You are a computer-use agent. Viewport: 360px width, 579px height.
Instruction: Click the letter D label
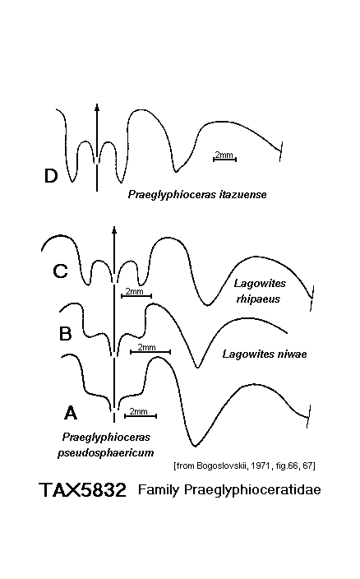click(x=51, y=176)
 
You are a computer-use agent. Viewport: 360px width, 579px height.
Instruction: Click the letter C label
click(x=61, y=271)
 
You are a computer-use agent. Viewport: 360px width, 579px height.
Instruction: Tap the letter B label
click(x=65, y=334)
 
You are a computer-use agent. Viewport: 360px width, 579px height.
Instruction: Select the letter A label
click(x=71, y=412)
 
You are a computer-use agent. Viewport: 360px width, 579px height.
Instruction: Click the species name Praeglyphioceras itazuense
click(x=197, y=195)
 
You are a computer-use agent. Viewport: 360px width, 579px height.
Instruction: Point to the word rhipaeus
click(x=258, y=299)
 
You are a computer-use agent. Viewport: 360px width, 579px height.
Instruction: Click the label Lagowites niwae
click(x=265, y=354)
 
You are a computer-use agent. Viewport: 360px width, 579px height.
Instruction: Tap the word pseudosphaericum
click(x=105, y=452)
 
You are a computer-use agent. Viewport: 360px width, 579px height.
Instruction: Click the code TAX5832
click(x=83, y=490)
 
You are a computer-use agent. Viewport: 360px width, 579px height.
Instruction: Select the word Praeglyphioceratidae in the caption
click(x=252, y=490)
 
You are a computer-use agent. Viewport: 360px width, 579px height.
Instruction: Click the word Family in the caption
click(x=159, y=490)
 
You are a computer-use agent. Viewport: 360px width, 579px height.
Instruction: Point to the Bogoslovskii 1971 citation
click(x=244, y=466)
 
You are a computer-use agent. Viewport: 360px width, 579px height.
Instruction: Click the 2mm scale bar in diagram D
click(x=224, y=160)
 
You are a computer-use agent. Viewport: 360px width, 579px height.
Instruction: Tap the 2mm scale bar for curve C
click(x=136, y=295)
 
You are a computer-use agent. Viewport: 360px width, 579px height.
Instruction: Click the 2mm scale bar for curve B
click(x=150, y=351)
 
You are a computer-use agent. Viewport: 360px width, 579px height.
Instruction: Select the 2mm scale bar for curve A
click(x=141, y=416)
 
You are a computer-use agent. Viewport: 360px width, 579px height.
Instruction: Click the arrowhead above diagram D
click(x=97, y=107)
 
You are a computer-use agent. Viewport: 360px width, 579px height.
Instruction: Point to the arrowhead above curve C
click(x=114, y=229)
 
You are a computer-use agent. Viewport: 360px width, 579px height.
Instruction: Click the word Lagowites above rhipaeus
click(x=260, y=284)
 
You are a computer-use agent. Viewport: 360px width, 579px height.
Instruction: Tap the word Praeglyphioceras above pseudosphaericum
click(x=106, y=438)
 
